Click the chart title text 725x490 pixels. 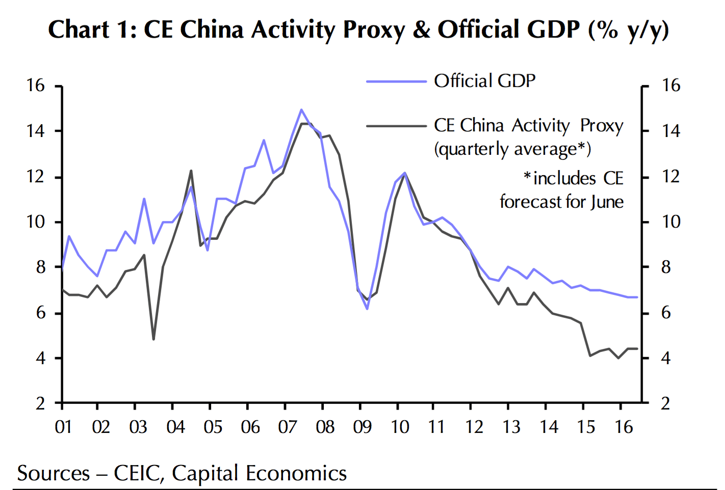[x=358, y=30]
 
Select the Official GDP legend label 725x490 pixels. [x=484, y=81]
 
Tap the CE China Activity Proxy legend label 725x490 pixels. [x=528, y=126]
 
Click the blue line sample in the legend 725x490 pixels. [x=396, y=81]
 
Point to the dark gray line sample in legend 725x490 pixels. [x=396, y=126]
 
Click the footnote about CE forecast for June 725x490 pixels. [x=561, y=190]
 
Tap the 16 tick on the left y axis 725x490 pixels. [x=36, y=86]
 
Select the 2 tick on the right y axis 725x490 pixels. [x=665, y=403]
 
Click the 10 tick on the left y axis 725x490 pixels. [x=36, y=222]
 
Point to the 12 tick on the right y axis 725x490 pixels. [x=670, y=177]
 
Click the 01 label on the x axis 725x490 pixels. [x=63, y=427]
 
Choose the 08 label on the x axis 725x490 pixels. [x=325, y=427]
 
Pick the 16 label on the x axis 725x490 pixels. [x=624, y=427]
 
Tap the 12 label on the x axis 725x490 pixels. [x=474, y=427]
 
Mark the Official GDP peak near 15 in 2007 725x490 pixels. [x=301, y=110]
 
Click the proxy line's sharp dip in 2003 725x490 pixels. [x=153, y=339]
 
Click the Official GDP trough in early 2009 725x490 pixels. [x=367, y=309]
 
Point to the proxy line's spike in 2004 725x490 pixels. [x=191, y=171]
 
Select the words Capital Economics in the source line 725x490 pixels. [x=259, y=473]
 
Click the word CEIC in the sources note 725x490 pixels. [x=138, y=473]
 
